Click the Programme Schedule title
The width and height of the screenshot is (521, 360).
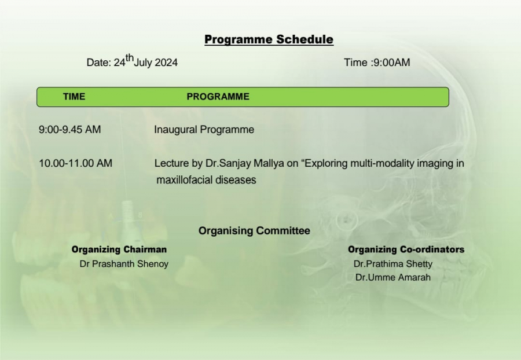[x=269, y=39]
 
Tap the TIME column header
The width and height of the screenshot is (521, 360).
[x=74, y=97]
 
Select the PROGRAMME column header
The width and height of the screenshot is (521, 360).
[x=218, y=97]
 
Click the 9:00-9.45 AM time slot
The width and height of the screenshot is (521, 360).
[x=70, y=130]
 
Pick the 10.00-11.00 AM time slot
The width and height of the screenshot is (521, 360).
[x=76, y=163]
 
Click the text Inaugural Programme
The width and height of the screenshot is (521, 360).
[x=204, y=130]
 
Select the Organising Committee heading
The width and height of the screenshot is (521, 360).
[x=254, y=231]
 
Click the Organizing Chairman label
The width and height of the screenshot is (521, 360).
[x=119, y=249]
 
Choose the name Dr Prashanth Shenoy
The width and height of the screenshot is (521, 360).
[x=124, y=264]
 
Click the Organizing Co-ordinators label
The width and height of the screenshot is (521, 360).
[x=406, y=249]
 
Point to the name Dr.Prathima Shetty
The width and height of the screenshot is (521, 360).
[x=393, y=264]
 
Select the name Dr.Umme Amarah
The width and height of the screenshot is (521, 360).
[x=393, y=277]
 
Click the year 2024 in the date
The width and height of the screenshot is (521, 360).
[x=166, y=63]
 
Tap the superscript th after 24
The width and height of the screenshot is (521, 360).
[x=130, y=58]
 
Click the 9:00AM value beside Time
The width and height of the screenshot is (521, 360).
[x=392, y=63]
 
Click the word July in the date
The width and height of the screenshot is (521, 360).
[x=143, y=63]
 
